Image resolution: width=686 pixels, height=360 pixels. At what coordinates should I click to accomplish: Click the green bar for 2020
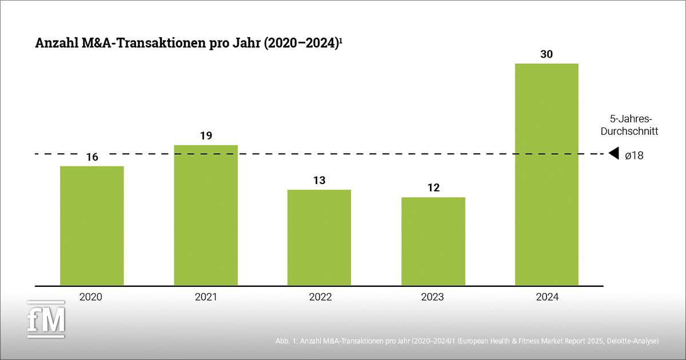click(91, 226)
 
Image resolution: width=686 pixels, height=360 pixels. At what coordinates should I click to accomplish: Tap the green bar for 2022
click(319, 237)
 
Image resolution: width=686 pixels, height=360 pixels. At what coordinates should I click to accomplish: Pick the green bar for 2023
click(433, 241)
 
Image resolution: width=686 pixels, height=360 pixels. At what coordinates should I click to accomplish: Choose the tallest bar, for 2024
click(547, 174)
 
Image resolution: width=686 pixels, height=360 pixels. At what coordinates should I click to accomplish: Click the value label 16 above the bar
click(91, 157)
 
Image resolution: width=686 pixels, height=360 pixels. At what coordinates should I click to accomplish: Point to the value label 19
click(206, 136)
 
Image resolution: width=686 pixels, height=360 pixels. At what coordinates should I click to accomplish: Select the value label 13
click(319, 181)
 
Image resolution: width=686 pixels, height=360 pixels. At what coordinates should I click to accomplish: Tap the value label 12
click(433, 188)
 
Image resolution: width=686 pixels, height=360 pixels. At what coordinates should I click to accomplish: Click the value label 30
click(547, 54)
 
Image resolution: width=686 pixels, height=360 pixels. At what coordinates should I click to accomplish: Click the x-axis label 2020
click(91, 297)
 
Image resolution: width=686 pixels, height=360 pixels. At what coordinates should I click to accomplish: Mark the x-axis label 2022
click(319, 297)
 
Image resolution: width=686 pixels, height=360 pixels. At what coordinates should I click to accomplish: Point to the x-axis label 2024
click(547, 297)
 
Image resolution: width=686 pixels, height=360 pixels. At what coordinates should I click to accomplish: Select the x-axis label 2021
click(206, 297)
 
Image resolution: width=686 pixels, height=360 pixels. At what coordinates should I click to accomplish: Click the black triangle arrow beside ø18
click(614, 154)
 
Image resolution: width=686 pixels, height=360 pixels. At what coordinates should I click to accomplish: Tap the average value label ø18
click(634, 155)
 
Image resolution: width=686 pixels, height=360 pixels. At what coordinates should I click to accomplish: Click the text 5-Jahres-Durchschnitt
click(633, 125)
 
